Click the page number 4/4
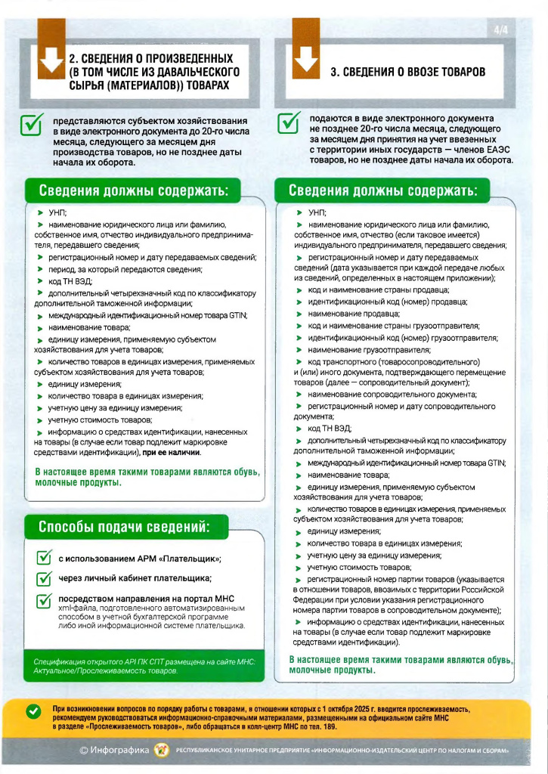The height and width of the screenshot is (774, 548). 500,30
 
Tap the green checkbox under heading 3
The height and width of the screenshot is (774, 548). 289,122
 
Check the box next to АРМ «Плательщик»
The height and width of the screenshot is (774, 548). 44,559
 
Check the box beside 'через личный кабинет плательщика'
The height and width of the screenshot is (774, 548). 44,580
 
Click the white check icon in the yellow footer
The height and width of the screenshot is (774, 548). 33,711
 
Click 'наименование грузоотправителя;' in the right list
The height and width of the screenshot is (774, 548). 358,350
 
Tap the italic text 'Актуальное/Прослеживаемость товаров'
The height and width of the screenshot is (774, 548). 106,670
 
